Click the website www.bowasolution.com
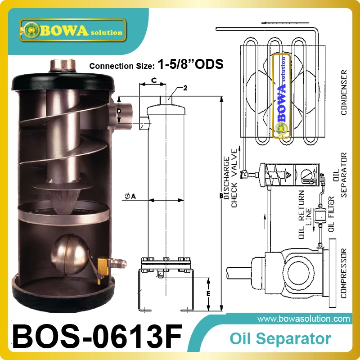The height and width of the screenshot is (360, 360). (306, 319)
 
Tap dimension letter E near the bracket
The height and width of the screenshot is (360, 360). (208, 293)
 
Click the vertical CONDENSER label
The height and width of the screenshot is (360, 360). (344, 92)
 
